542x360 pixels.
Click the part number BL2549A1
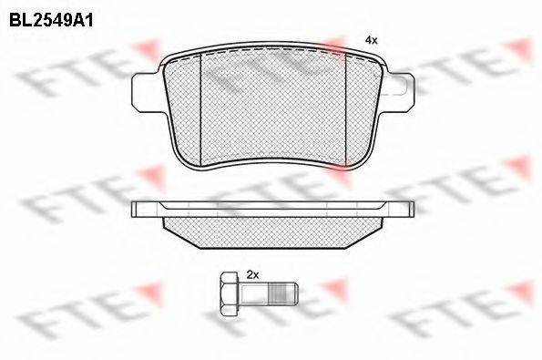[51, 21]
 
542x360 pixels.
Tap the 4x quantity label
[372, 40]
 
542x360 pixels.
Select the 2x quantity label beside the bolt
[252, 275]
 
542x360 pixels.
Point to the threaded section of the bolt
[280, 293]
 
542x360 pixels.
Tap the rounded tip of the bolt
[294, 293]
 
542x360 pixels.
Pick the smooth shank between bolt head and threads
[254, 293]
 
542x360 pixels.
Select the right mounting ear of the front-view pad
[398, 92]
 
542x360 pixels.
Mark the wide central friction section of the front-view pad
[273, 108]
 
